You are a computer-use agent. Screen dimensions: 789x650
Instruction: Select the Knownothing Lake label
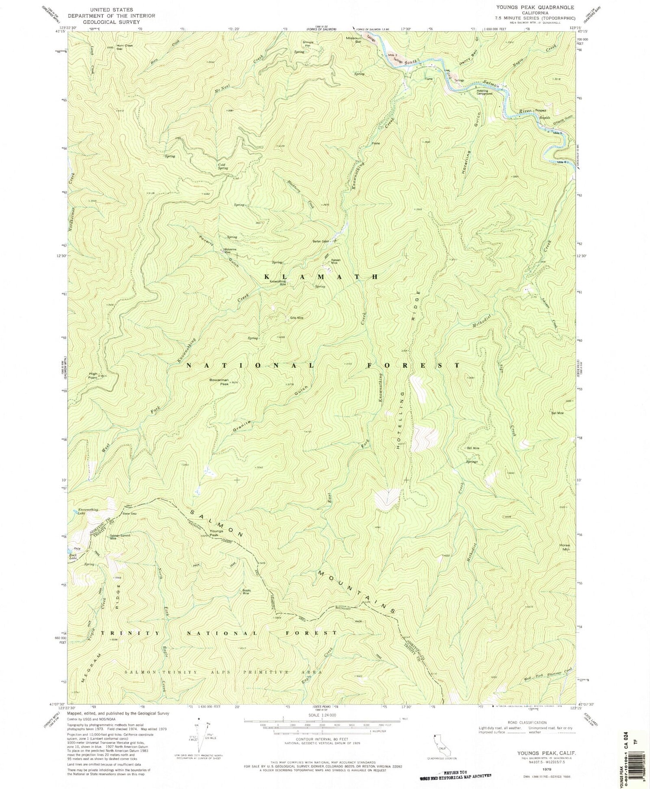click(88, 512)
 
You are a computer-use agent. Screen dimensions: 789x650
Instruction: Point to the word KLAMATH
click(323, 276)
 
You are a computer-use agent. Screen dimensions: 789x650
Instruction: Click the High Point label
click(93, 375)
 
